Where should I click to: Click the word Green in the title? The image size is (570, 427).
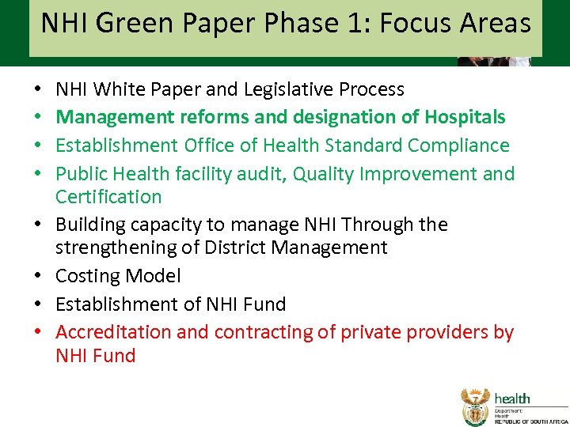(x=125, y=24)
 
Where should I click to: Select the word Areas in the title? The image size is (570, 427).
(x=496, y=24)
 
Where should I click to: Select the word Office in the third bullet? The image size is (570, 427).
(x=210, y=145)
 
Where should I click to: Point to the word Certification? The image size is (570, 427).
(x=108, y=196)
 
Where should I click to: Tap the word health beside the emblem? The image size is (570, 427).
(x=512, y=399)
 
